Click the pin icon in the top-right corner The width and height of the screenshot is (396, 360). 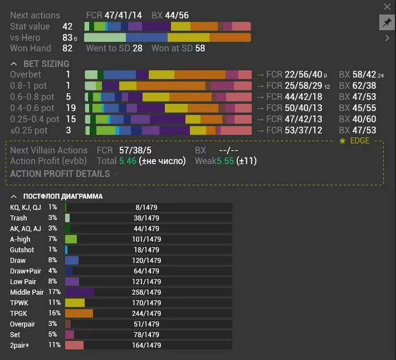[x=387, y=22]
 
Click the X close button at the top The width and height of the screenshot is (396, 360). [x=388, y=6]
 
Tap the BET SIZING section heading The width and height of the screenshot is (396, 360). [x=46, y=64]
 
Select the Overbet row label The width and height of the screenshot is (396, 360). [x=26, y=74]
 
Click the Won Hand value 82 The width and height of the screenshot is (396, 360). [x=68, y=49]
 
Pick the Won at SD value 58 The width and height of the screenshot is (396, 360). [x=200, y=49]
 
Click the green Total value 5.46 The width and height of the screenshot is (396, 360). [x=128, y=161]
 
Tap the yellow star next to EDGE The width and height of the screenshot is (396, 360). [x=342, y=141]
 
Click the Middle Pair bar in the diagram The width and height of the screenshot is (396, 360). [x=79, y=292]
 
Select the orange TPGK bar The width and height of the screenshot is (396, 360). [x=79, y=314]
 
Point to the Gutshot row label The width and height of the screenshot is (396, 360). [x=22, y=250]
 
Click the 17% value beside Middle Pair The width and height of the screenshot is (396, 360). [x=54, y=292]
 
